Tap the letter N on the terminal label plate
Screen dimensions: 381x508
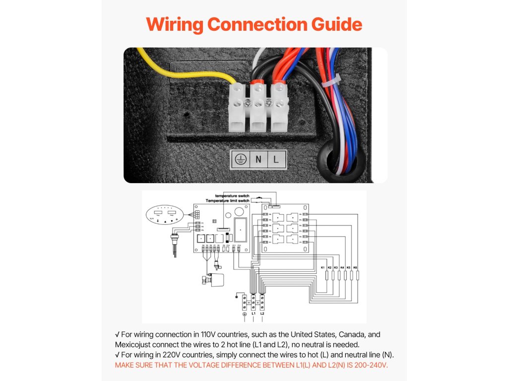[x=258, y=159]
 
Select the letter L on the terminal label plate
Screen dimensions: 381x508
[x=276, y=159]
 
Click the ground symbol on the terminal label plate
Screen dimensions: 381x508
[x=240, y=159]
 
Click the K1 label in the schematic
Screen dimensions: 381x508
[x=323, y=268]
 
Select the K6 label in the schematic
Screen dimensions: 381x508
[x=355, y=268]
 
